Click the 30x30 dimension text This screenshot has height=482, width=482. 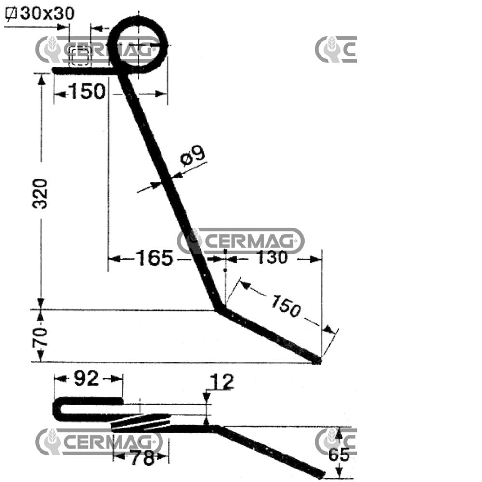[47, 13]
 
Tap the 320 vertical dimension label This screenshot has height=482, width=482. [40, 194]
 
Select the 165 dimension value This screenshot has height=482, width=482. [155, 258]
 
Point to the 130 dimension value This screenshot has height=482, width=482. [272, 257]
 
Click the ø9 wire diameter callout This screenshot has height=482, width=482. [193, 156]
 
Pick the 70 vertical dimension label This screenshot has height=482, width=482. [40, 336]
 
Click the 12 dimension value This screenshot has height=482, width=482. [222, 382]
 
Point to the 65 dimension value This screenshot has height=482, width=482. [339, 455]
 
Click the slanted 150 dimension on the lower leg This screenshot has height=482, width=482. [285, 306]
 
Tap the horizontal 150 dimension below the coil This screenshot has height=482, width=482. [87, 91]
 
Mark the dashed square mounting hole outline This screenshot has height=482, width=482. [80, 55]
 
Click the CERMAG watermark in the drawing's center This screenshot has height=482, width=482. [241, 241]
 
